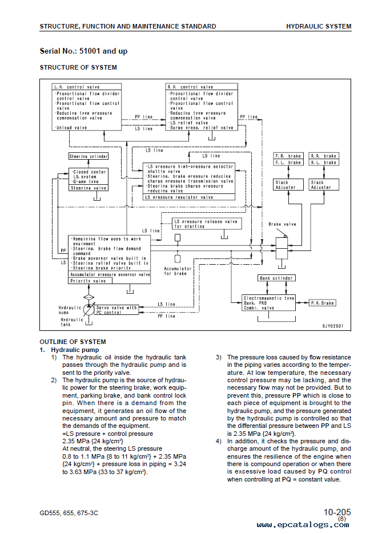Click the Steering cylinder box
(x=89, y=156)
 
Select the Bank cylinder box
(x=276, y=278)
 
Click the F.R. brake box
(x=288, y=156)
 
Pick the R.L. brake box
(x=323, y=163)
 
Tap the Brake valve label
(x=282, y=224)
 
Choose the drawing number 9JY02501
(x=333, y=326)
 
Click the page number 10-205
(x=337, y=512)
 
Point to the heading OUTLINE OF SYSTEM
(x=73, y=342)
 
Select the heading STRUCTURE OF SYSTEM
(x=78, y=67)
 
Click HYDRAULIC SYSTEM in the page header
(x=319, y=26)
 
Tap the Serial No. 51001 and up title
(x=83, y=51)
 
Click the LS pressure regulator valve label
(x=179, y=197)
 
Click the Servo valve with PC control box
(x=116, y=310)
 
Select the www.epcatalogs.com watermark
(x=303, y=525)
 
